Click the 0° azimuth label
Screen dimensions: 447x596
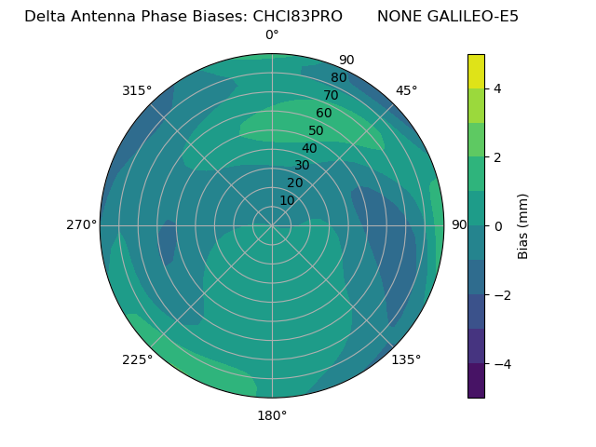point(272,35)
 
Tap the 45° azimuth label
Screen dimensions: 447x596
point(406,90)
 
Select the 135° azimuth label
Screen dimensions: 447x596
point(406,359)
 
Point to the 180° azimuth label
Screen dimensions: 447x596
point(272,415)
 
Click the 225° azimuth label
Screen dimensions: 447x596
point(137,359)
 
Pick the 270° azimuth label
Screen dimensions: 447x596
point(81,225)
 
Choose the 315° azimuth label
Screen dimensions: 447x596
point(137,90)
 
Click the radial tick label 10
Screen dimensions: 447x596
point(287,200)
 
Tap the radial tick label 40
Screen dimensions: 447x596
point(309,148)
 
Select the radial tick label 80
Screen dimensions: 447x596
point(338,78)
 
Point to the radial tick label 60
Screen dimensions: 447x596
point(323,114)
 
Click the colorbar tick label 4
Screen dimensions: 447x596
point(498,88)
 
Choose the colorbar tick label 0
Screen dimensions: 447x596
point(498,226)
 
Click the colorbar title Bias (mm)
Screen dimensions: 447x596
point(523,226)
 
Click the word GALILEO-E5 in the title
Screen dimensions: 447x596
point(474,17)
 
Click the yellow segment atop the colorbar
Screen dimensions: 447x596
point(476,72)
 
